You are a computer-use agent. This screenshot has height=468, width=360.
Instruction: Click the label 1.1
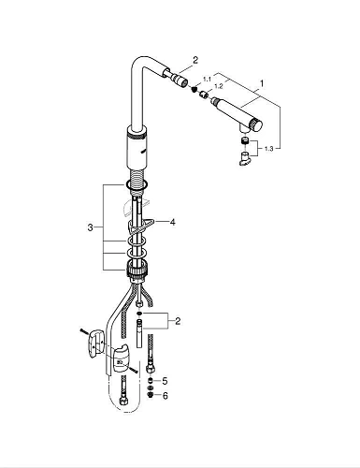(x=207, y=80)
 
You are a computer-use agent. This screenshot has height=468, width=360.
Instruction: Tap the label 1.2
(x=219, y=86)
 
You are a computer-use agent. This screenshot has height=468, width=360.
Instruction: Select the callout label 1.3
(x=268, y=149)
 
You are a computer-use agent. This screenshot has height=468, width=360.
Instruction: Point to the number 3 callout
(x=90, y=227)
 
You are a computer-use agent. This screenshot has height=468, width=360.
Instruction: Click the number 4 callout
(x=172, y=222)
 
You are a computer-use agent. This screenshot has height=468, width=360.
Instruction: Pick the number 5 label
(x=165, y=381)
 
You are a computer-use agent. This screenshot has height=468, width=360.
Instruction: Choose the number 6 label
(x=165, y=396)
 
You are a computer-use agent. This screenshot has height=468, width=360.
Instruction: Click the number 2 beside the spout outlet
(x=195, y=60)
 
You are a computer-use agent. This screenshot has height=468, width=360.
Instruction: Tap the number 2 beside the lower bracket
(x=178, y=321)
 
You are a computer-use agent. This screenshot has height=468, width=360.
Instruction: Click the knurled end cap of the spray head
(x=257, y=124)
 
